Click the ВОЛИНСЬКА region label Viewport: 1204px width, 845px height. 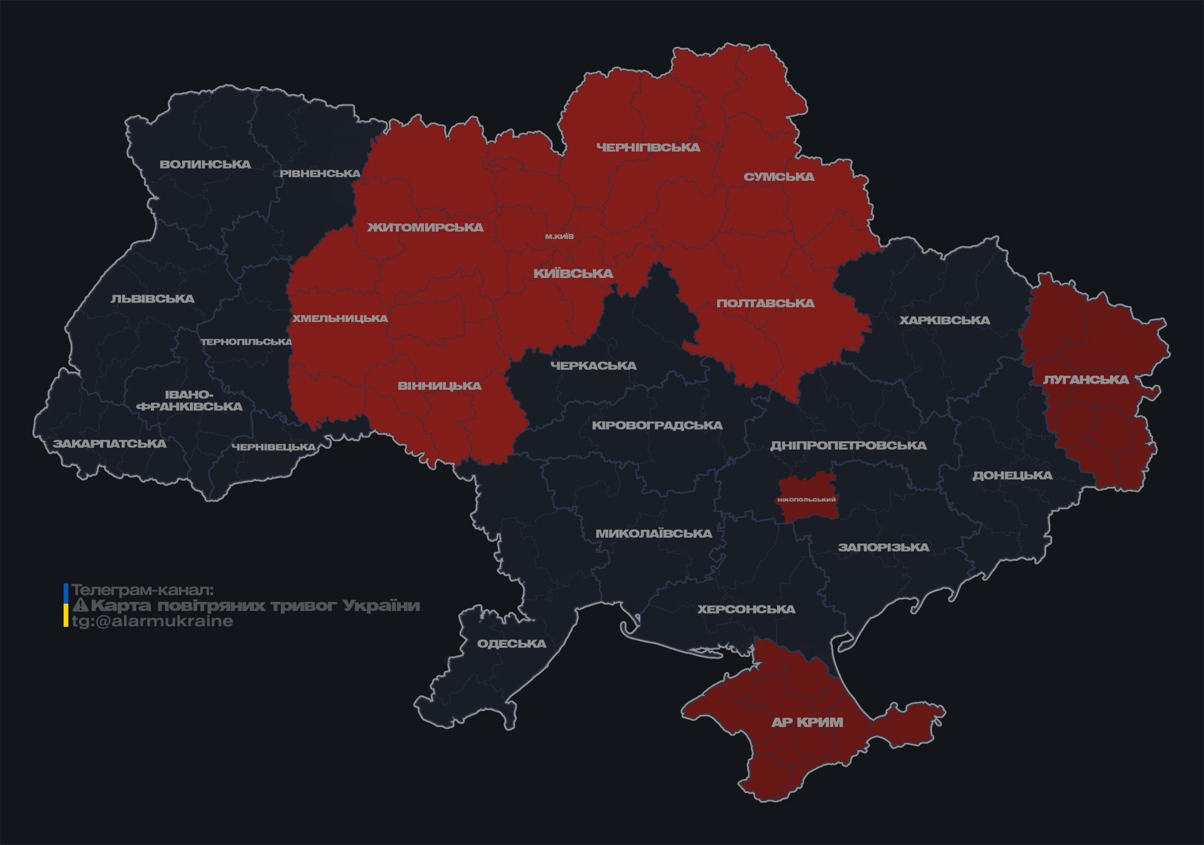pyautogui.click(x=205, y=164)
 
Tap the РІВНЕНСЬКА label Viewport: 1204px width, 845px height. pyautogui.click(x=320, y=174)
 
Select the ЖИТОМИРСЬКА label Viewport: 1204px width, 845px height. pyautogui.click(x=425, y=227)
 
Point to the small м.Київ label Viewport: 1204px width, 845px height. pyautogui.click(x=560, y=236)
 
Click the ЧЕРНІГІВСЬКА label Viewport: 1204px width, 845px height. pyautogui.click(x=648, y=147)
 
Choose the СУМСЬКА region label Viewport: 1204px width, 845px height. pyautogui.click(x=779, y=177)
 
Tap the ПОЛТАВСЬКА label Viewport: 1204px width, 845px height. pyautogui.click(x=765, y=303)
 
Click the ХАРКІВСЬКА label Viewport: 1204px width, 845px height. pyautogui.click(x=944, y=320)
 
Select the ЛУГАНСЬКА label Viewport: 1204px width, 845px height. pyautogui.click(x=1086, y=379)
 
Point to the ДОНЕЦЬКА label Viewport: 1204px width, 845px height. pyautogui.click(x=1012, y=475)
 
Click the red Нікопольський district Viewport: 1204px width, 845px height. pyautogui.click(x=806, y=499)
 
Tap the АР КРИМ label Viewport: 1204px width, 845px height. pyautogui.click(x=807, y=722)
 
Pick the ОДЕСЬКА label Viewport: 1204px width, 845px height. pyautogui.click(x=511, y=643)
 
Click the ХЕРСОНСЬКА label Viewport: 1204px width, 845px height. pyautogui.click(x=746, y=609)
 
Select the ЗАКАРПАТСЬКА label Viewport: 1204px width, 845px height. pyautogui.click(x=109, y=444)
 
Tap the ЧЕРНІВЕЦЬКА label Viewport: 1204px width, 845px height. pyautogui.click(x=273, y=447)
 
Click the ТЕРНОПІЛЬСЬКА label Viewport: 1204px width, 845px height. pyautogui.click(x=247, y=342)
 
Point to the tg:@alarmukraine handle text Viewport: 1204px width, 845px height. pyautogui.click(x=152, y=621)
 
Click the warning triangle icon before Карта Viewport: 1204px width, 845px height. pyautogui.click(x=80, y=605)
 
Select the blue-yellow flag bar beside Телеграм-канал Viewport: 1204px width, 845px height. pyautogui.click(x=66, y=605)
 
